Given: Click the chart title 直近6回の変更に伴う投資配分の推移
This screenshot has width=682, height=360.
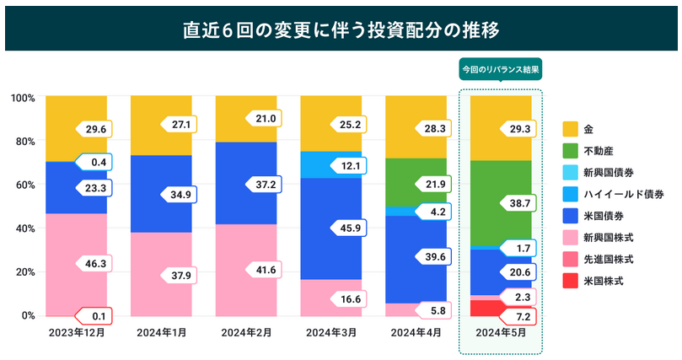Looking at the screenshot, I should pyautogui.click(x=341, y=30).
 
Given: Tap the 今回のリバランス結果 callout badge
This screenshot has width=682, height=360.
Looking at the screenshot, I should pyautogui.click(x=500, y=69).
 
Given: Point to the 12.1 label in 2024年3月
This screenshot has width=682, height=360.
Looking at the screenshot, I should pyautogui.click(x=351, y=166).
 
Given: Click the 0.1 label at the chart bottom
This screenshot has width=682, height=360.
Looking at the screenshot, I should pyautogui.click(x=96, y=316).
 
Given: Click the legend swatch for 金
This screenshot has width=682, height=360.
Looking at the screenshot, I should pyautogui.click(x=571, y=128).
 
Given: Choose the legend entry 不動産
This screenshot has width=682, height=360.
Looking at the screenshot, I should pyautogui.click(x=599, y=150).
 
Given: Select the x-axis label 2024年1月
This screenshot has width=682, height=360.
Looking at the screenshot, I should pyautogui.click(x=161, y=332).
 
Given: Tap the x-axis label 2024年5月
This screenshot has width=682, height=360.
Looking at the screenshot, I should pyautogui.click(x=501, y=333).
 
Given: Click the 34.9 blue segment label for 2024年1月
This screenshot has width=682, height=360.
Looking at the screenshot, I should pyautogui.click(x=180, y=195).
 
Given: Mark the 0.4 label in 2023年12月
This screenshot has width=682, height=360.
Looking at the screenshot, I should pyautogui.click(x=96, y=162).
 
